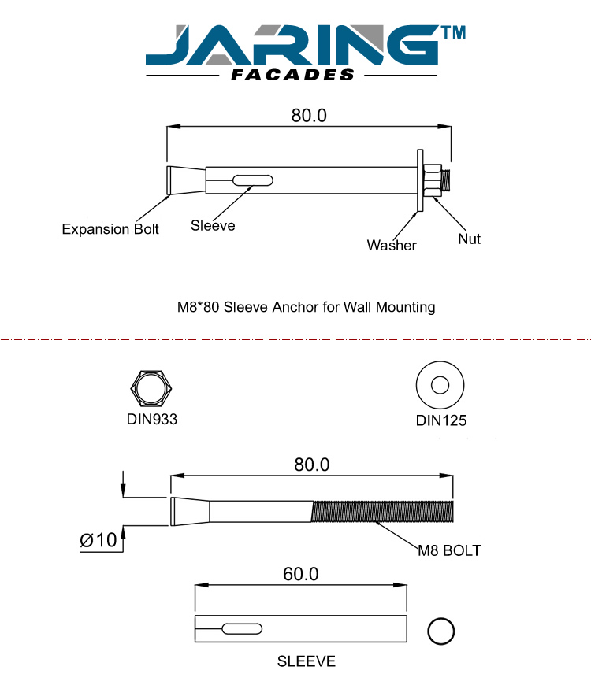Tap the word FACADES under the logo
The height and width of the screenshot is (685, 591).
tap(293, 76)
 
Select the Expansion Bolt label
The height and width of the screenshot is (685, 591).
tap(110, 229)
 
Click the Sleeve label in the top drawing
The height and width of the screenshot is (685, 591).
tap(213, 225)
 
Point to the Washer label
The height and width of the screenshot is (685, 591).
tap(392, 245)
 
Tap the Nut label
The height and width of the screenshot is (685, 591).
tap(470, 238)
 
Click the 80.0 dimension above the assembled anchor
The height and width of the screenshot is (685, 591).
tap(309, 115)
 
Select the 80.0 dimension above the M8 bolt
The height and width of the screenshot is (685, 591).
tap(311, 465)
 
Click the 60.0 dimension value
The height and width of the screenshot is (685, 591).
tap(300, 574)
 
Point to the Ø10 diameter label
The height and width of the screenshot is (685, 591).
tap(98, 540)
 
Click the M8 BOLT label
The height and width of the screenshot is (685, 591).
tap(448, 550)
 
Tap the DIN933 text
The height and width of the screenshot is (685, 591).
tap(152, 419)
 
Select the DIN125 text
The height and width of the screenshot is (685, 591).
tap(441, 420)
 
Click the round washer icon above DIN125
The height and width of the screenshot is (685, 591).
tap(440, 386)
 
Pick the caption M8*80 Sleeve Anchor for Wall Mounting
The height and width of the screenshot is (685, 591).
tap(306, 306)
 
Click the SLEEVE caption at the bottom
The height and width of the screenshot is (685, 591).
tap(306, 661)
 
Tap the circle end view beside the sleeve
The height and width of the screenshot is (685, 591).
tap(441, 631)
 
